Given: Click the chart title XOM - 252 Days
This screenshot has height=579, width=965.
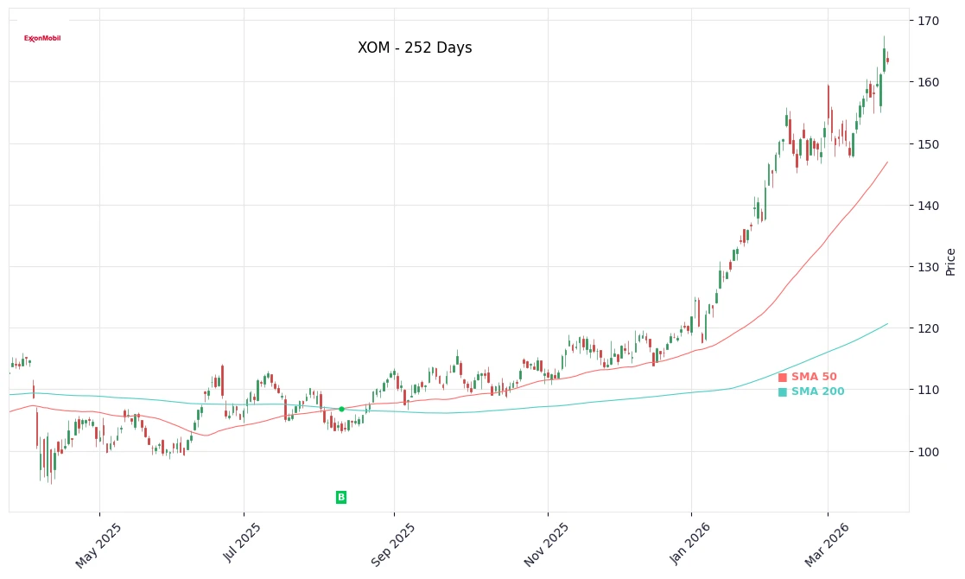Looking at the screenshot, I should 415,48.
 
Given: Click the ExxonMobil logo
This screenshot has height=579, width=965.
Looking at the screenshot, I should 42,38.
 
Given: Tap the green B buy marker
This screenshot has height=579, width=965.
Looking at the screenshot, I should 341,497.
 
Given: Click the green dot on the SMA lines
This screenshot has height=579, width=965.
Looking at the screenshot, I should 341,409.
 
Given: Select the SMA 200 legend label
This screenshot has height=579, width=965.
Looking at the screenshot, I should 817,391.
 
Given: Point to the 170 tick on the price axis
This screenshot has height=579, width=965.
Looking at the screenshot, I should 928,20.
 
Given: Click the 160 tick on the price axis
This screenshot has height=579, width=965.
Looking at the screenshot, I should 928,82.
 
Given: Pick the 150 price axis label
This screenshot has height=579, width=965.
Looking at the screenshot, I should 928,143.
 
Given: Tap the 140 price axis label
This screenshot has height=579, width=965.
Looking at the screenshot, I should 928,206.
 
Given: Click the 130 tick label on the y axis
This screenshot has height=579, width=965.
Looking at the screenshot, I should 928,267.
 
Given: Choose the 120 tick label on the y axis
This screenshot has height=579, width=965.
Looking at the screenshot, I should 928,328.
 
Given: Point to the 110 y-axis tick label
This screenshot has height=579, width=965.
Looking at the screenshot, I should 928,390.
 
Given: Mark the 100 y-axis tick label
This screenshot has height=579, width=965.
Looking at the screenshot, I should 928,452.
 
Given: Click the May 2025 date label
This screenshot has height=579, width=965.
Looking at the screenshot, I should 98,544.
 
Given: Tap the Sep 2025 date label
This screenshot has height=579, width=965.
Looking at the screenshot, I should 394,544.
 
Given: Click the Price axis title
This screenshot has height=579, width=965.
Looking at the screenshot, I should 951,261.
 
